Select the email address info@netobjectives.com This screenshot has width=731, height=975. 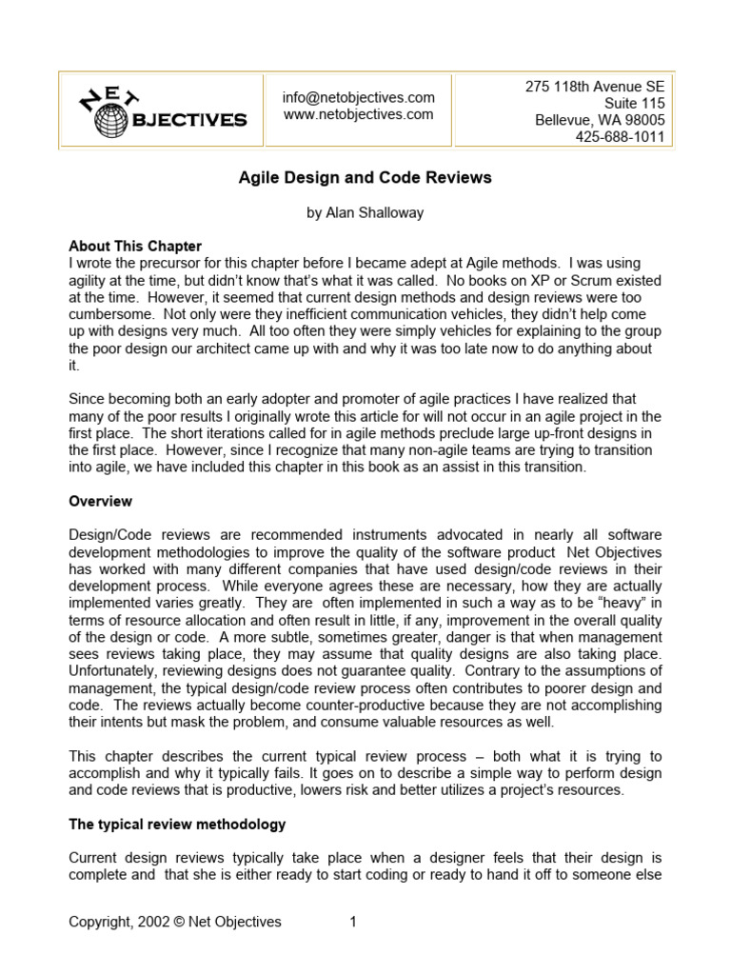tap(358, 97)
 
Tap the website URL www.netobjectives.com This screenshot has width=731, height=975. tap(358, 114)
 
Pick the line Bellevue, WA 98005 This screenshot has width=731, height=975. tap(600, 120)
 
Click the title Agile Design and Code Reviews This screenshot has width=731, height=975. tap(365, 178)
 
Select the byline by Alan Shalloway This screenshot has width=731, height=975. tap(365, 213)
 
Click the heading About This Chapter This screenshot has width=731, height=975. tap(135, 246)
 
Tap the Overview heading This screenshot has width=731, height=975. tap(101, 501)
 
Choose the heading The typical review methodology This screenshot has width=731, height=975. tap(177, 824)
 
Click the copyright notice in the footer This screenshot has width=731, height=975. tap(175, 922)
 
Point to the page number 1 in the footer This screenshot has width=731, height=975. tap(352, 922)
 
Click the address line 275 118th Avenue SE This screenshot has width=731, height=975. tap(594, 86)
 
